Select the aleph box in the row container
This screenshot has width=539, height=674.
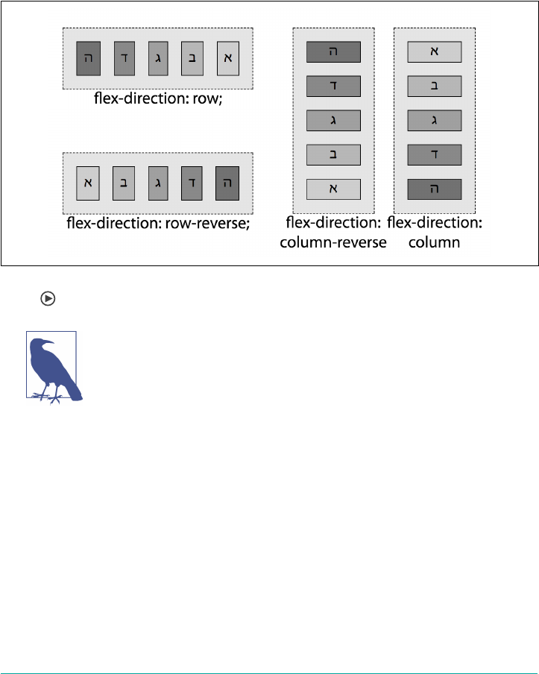pyautogui.click(x=228, y=59)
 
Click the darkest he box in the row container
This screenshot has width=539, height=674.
pyautogui.click(x=89, y=59)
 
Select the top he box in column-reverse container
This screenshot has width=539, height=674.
pyautogui.click(x=333, y=51)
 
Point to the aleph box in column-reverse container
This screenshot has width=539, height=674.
pyautogui.click(x=333, y=189)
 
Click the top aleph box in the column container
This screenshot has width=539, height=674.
pyautogui.click(x=435, y=51)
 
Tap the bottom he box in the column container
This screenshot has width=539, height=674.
pyautogui.click(x=435, y=189)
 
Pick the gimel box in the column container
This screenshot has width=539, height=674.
pyautogui.click(x=435, y=120)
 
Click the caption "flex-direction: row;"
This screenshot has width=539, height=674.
pyautogui.click(x=158, y=98)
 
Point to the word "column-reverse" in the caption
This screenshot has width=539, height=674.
pyautogui.click(x=333, y=243)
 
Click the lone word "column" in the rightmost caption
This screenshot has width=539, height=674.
pyautogui.click(x=435, y=243)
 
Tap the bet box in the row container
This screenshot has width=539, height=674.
pyautogui.click(x=193, y=59)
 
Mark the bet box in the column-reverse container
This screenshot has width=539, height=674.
pyautogui.click(x=333, y=154)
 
